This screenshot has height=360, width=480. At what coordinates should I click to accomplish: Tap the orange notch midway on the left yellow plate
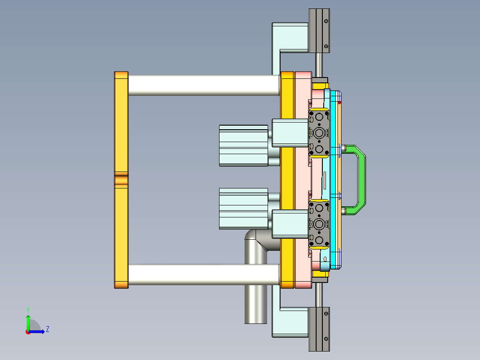pos(121,180)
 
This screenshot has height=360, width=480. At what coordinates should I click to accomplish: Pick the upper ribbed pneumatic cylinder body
pos(243,146)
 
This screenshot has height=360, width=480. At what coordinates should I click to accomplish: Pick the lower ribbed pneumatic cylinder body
pos(243,209)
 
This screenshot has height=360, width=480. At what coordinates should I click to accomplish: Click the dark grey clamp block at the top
pos(319,30)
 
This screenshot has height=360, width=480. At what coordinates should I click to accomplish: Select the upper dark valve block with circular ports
pos(319,133)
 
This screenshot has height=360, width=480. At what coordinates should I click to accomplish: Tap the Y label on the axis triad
pos(28,309)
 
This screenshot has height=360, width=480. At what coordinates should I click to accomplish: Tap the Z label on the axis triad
pos(47,329)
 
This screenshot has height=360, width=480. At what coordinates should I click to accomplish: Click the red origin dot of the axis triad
pos(28,331)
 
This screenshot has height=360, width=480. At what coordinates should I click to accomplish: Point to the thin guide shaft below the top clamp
pos(319,65)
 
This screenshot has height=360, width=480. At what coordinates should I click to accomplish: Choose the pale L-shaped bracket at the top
pos(289,37)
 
